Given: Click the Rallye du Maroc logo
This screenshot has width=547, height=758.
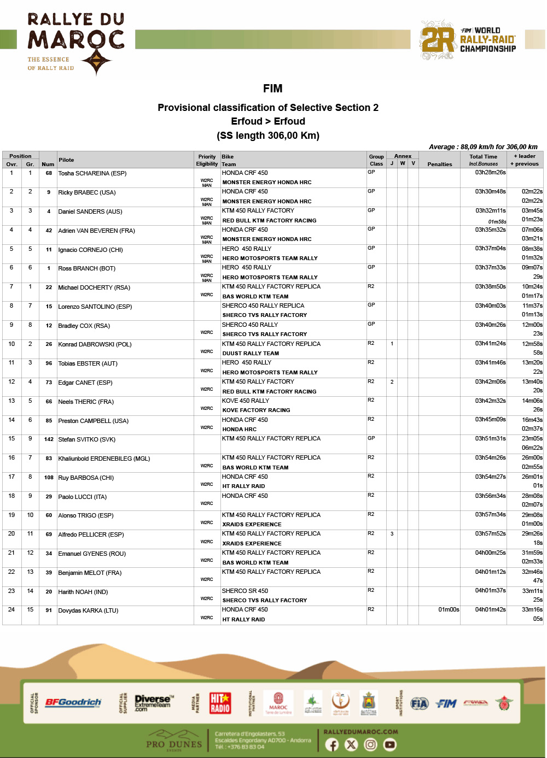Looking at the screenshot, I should [76, 44].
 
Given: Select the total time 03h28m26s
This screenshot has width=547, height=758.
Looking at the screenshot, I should [490, 172].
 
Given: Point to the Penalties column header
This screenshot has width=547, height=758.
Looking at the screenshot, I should [439, 164].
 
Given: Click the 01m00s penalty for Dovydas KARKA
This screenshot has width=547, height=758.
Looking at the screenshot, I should [449, 609].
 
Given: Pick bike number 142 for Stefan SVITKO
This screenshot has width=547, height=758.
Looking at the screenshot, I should [49, 439].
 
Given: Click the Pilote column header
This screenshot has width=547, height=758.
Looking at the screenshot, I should [66, 160].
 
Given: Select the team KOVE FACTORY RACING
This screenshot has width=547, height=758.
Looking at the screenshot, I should [256, 410].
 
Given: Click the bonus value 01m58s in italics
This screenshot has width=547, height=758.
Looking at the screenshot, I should [497, 221].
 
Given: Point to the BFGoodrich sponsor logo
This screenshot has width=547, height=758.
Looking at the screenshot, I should [73, 702].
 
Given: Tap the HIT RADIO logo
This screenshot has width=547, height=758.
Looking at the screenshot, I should [220, 703].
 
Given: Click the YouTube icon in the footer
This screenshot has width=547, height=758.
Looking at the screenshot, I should [389, 744].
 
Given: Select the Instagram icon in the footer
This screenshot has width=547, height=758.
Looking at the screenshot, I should [370, 744].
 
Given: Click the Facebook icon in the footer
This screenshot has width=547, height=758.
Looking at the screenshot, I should [332, 744].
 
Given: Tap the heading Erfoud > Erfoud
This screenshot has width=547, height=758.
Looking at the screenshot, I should [268, 121].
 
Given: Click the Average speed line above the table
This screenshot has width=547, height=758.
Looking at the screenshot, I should [483, 146].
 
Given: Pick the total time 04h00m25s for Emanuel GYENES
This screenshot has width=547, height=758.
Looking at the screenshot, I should [490, 553].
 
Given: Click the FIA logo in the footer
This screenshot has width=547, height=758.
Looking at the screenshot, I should [419, 703].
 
